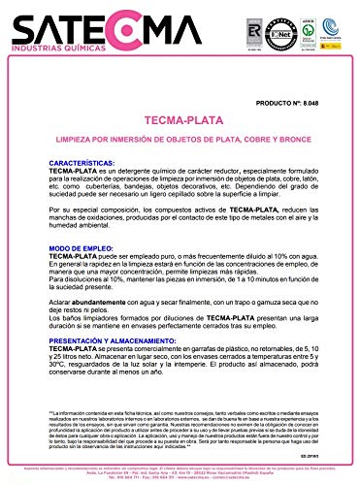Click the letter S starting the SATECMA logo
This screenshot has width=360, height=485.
click(19, 21)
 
